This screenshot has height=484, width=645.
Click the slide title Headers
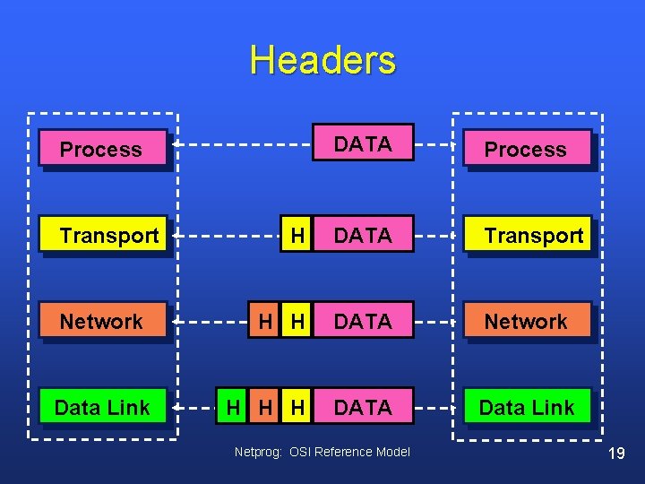point(322,60)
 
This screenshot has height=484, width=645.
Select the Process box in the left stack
point(103,149)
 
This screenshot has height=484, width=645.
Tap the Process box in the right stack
point(528,149)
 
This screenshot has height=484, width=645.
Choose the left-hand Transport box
point(105,236)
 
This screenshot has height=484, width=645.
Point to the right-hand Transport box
point(529,236)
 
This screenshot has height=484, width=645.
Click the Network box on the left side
point(103,321)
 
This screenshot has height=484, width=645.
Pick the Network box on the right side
point(528,321)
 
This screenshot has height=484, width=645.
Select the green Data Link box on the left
point(103,407)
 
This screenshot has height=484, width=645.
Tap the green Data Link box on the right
point(528,407)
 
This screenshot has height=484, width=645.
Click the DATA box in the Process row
point(363,143)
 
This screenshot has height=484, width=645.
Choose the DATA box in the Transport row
point(363,235)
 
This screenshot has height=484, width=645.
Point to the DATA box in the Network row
point(363,321)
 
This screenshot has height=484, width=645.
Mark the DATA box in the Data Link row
point(363,407)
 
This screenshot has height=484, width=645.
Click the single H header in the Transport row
point(297,235)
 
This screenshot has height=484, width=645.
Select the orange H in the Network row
point(265,321)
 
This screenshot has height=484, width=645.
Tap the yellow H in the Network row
point(297,321)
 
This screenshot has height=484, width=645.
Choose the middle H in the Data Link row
point(265,407)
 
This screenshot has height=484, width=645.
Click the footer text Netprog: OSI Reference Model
point(322,452)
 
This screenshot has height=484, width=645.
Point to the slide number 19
point(615,454)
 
